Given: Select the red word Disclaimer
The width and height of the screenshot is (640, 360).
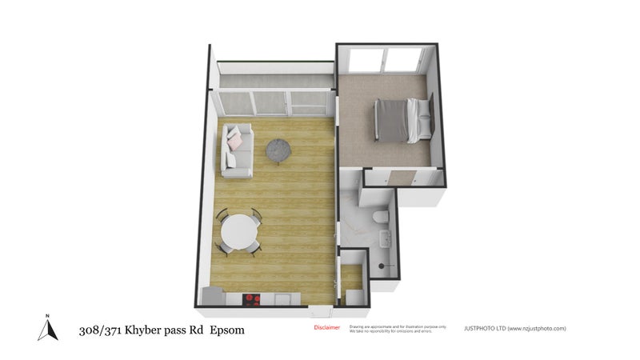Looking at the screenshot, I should click(326, 327).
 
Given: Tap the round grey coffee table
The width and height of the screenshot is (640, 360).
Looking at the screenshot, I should click(277, 149).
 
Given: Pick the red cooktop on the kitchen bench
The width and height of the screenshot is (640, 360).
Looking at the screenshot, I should click(252, 298).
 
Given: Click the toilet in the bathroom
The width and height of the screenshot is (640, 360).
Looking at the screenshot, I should click(382, 218).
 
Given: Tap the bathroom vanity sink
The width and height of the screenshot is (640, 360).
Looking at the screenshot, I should click(384, 238).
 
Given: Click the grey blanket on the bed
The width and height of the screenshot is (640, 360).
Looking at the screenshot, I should click(391, 120).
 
